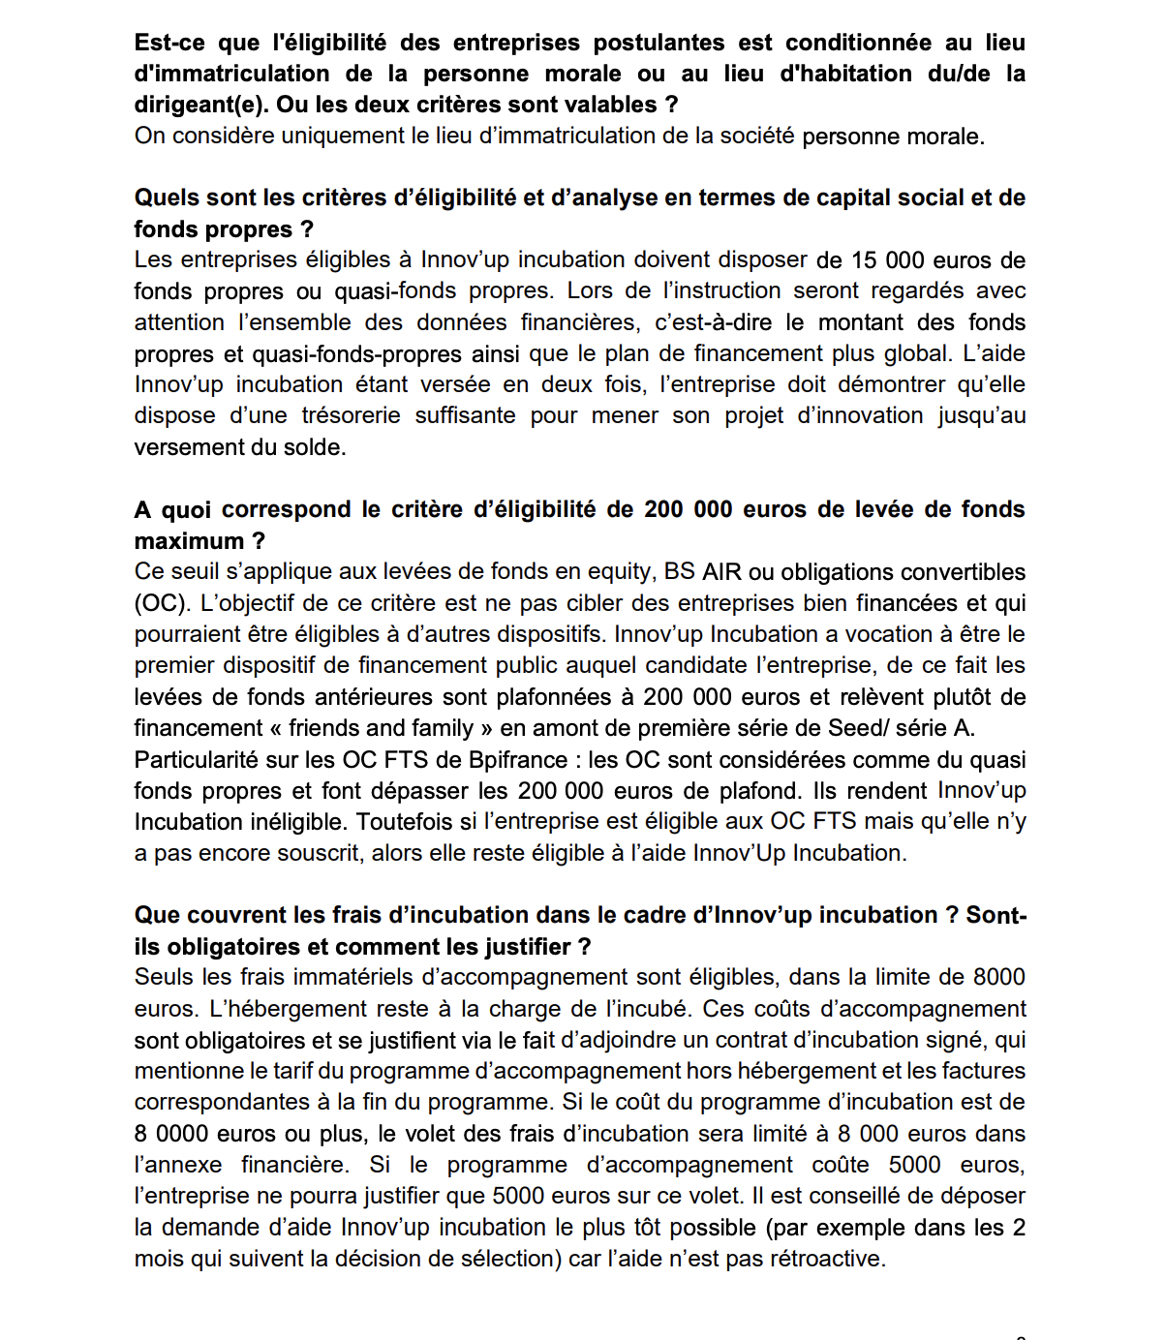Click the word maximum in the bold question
(189, 540)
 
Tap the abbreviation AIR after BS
(721, 571)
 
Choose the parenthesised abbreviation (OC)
(161, 603)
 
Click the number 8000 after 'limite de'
(999, 977)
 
